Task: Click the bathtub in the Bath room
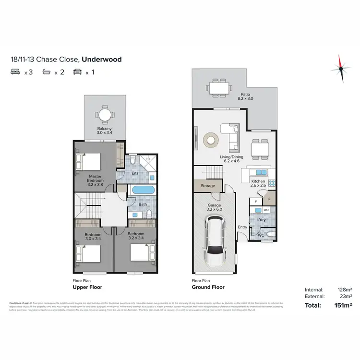click(x=143, y=190)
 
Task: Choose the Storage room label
click(x=208, y=185)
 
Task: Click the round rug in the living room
click(x=210, y=139)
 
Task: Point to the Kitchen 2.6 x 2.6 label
click(x=258, y=183)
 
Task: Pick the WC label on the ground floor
click(x=261, y=235)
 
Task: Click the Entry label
click(x=242, y=227)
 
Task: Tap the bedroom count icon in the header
click(x=15, y=72)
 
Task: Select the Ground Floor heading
click(x=208, y=287)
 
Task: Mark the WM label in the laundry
click(x=266, y=210)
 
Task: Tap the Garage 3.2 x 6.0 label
click(x=214, y=207)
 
